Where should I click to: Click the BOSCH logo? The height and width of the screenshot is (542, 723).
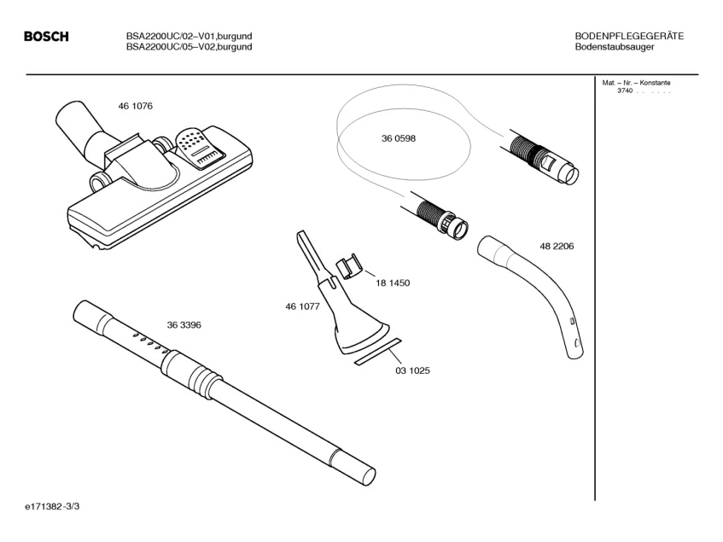[x=46, y=37]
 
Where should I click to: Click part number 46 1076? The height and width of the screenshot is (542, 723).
[x=136, y=106]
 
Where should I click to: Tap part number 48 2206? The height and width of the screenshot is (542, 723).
[x=557, y=246]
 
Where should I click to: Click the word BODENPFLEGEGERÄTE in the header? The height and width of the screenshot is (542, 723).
[x=629, y=36]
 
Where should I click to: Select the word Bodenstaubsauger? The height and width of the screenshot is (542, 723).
[x=615, y=47]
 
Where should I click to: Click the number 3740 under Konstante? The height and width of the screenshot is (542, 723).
[x=625, y=90]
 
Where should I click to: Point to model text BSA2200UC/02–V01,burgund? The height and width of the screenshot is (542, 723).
[x=189, y=36]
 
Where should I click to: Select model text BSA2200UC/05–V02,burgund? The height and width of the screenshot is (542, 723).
[x=189, y=47]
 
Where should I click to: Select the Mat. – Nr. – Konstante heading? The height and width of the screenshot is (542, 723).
[x=636, y=83]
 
